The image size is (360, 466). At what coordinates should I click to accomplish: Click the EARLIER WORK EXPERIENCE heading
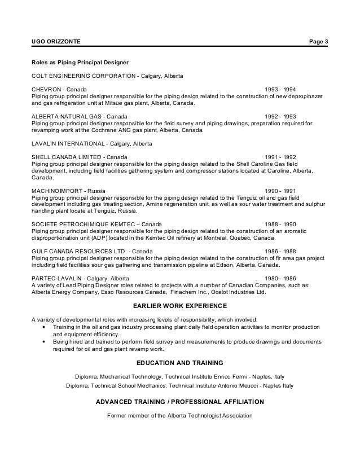point(180,306)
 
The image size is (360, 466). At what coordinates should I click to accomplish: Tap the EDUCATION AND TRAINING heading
point(180,362)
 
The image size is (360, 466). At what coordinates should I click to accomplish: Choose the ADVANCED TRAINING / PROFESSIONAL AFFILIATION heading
point(180,402)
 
